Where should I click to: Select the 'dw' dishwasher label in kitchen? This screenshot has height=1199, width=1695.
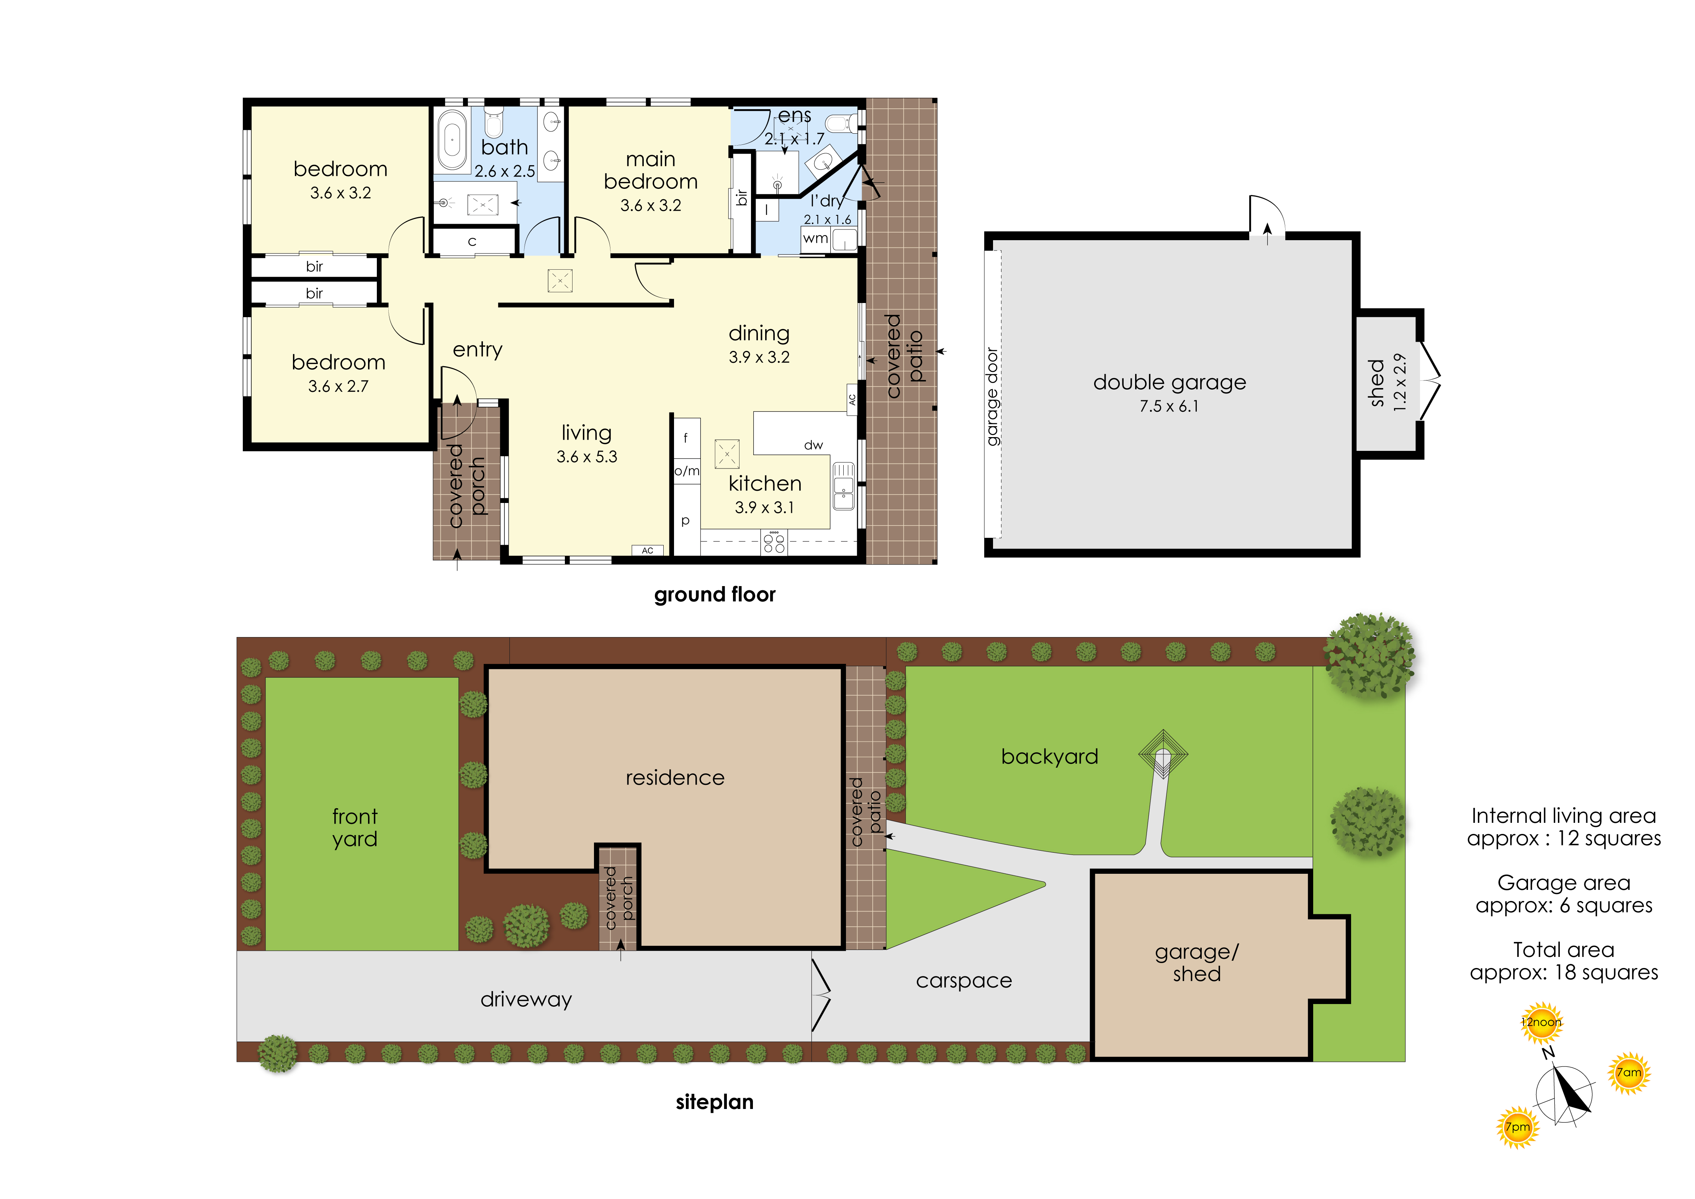tap(813, 445)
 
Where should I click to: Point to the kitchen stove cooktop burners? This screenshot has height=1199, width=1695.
tap(774, 543)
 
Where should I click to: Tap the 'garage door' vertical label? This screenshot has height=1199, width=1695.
tap(993, 397)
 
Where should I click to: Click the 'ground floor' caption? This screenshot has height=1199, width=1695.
tap(715, 595)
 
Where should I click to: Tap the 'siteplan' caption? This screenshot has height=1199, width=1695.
tap(715, 1102)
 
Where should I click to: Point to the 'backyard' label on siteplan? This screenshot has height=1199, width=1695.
tap(1050, 757)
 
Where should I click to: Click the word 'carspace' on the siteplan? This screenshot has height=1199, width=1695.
tap(964, 981)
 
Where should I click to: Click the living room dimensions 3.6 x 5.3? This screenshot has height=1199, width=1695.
tap(587, 457)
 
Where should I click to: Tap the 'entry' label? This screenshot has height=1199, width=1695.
tap(478, 350)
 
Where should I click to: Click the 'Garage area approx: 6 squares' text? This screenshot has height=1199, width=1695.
tap(1564, 894)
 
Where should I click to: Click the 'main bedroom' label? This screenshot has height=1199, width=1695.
tap(650, 170)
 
